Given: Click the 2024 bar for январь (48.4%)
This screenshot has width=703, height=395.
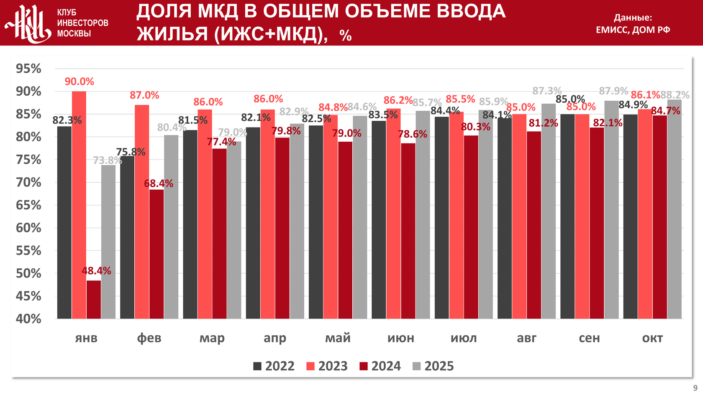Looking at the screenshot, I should click(x=94, y=299).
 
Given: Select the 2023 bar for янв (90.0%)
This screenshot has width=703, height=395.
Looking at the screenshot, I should click(x=79, y=205).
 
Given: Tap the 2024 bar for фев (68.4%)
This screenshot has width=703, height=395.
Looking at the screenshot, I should click(x=157, y=254).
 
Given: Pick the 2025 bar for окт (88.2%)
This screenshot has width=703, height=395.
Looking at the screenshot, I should click(x=674, y=209).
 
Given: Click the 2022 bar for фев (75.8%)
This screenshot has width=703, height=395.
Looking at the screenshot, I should click(x=127, y=237).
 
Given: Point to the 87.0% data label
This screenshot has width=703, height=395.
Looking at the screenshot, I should click(x=144, y=95).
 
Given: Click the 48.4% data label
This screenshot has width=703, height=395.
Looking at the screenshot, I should click(x=96, y=271).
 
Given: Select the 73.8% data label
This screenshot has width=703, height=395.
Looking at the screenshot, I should click(x=107, y=160).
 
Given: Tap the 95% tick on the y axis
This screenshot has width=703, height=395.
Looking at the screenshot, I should click(x=28, y=69).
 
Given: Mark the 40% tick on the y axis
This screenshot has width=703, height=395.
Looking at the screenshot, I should click(x=28, y=319).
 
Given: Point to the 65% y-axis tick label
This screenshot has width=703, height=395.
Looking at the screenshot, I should click(x=28, y=205).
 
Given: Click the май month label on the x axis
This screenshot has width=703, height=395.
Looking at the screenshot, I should click(x=338, y=338).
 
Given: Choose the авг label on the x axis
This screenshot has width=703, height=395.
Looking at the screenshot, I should click(x=526, y=338).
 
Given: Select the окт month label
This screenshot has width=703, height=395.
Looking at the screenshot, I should click(x=652, y=338).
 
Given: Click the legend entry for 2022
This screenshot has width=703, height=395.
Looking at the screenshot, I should click(x=274, y=366).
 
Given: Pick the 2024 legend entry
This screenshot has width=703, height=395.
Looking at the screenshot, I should click(x=380, y=366).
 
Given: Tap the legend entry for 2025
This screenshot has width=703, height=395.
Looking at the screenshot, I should click(x=433, y=366).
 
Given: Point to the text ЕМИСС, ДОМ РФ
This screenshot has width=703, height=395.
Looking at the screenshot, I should click(x=633, y=30).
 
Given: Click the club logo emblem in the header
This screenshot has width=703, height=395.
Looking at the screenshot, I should click(x=28, y=23).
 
